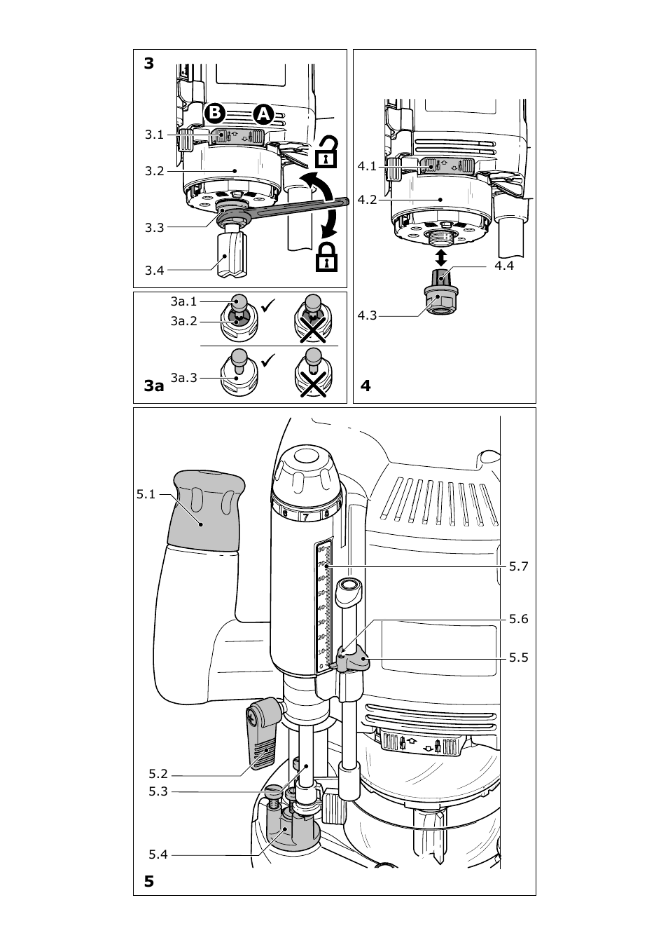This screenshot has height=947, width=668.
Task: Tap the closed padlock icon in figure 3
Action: (x=326, y=257)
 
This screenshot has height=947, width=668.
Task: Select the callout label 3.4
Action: (x=154, y=271)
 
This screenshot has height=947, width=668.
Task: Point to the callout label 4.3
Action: (x=367, y=315)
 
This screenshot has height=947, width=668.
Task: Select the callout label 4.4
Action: (x=504, y=266)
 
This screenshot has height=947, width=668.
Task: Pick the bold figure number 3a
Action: (x=154, y=386)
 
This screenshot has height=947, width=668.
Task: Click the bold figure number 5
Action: (x=149, y=881)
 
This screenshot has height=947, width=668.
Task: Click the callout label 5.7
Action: (x=518, y=566)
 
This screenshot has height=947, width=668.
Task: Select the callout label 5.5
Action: (x=518, y=658)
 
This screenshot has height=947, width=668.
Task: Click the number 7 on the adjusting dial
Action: (x=306, y=517)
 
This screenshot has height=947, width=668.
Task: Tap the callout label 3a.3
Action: (x=184, y=378)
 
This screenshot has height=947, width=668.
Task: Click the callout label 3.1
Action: (x=154, y=135)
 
